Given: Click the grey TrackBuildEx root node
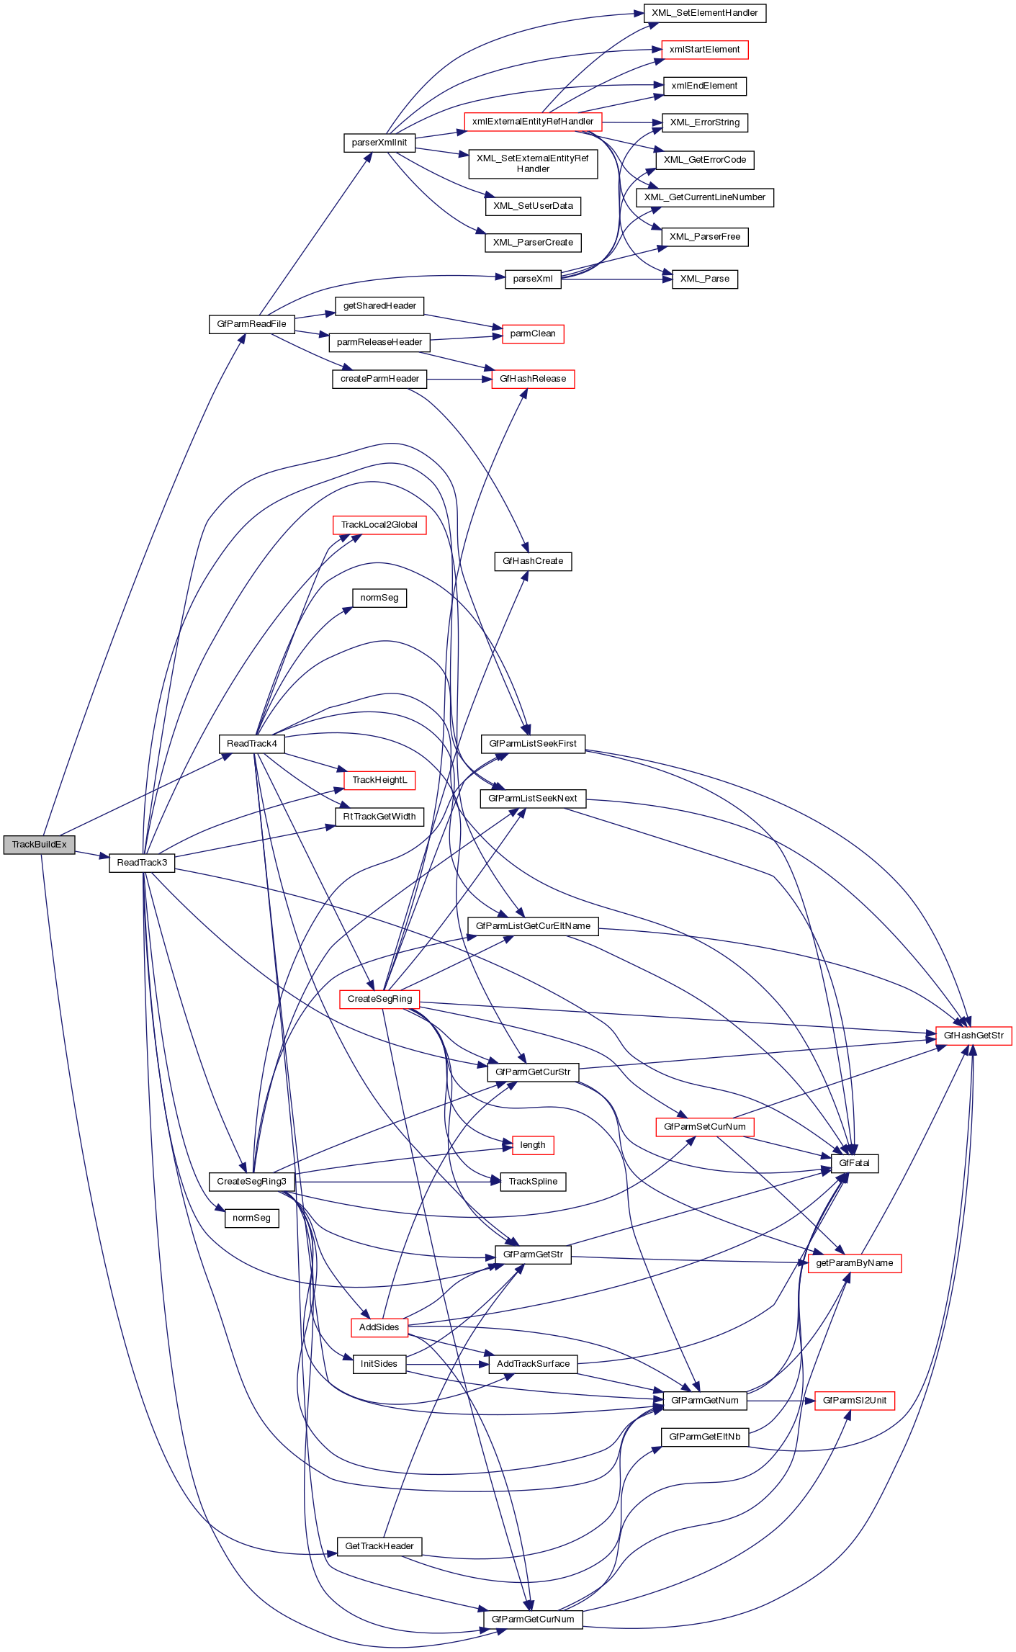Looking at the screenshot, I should pyautogui.click(x=39, y=845).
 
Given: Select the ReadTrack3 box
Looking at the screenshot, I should pyautogui.click(x=142, y=863).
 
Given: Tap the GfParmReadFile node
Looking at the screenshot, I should pyautogui.click(x=251, y=324).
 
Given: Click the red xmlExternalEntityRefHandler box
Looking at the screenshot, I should pyautogui.click(x=533, y=122).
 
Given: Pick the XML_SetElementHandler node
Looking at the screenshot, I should pyautogui.click(x=704, y=13).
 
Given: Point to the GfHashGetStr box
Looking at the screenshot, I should pyautogui.click(x=974, y=1036).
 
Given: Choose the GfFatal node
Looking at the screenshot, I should pyautogui.click(x=855, y=1163).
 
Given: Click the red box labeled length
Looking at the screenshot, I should pyautogui.click(x=533, y=1145).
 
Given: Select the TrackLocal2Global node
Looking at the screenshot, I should pyautogui.click(x=379, y=525).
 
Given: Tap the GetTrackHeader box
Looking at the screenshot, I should pyautogui.click(x=379, y=1546).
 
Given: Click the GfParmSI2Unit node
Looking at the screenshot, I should pyautogui.click(x=855, y=1401).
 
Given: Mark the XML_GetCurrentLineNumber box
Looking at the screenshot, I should pyautogui.click(x=704, y=197).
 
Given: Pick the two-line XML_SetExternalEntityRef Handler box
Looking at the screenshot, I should pyautogui.click(x=533, y=163).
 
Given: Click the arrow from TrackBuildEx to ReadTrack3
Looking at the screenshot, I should pyautogui.click(x=91, y=855).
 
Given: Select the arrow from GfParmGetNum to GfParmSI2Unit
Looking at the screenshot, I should pyautogui.click(x=781, y=1401).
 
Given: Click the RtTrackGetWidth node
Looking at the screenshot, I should pyautogui.click(x=379, y=817).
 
